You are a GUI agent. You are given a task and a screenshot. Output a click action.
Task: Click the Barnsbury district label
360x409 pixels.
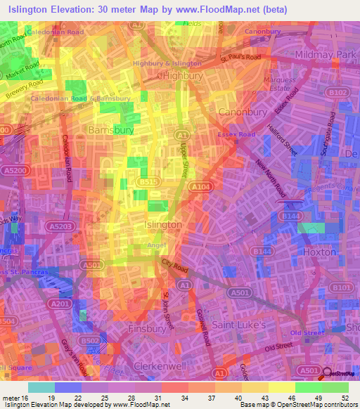[x=111, y=130]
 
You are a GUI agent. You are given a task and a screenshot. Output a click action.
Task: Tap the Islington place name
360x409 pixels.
[x=162, y=224]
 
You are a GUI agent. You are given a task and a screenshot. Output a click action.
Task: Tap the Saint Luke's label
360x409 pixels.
[x=239, y=325]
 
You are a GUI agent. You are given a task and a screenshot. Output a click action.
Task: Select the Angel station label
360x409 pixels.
[x=156, y=245]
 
